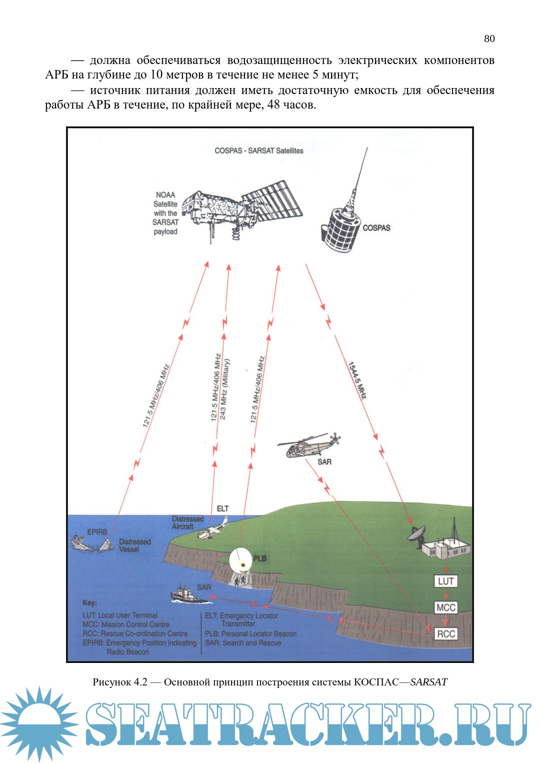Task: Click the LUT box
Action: pos(445,581)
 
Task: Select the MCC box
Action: pos(445,607)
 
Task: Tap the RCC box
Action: pos(445,634)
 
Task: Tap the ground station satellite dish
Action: pos(417,535)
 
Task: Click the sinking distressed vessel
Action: pos(90,543)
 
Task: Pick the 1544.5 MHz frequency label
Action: pos(357,380)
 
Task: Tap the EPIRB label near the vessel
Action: pos(97,532)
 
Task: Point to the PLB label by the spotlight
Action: pos(260,558)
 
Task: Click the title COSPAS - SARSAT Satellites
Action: pos(258,151)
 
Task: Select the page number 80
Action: pos(489,39)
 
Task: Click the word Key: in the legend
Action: pos(89,603)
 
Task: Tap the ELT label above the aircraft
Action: pos(222,508)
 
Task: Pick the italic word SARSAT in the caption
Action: pos(428,682)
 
